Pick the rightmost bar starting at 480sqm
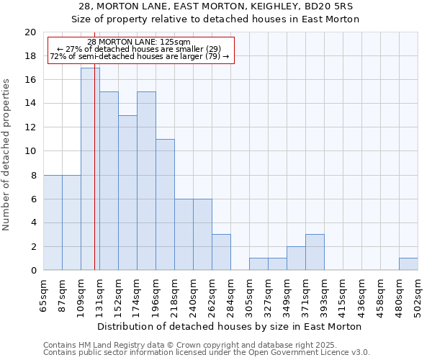(x=408, y=264)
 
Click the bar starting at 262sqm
(x=221, y=252)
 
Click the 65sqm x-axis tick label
(x=44, y=294)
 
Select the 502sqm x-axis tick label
(x=418, y=294)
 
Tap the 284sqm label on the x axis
(x=231, y=294)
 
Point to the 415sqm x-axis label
(x=343, y=294)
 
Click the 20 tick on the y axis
(x=30, y=32)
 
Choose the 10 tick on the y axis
(x=30, y=151)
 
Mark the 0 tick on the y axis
(x=32, y=270)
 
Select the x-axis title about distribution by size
(x=230, y=326)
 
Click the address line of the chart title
(x=215, y=6)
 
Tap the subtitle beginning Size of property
(x=215, y=19)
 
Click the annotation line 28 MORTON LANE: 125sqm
(x=139, y=42)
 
